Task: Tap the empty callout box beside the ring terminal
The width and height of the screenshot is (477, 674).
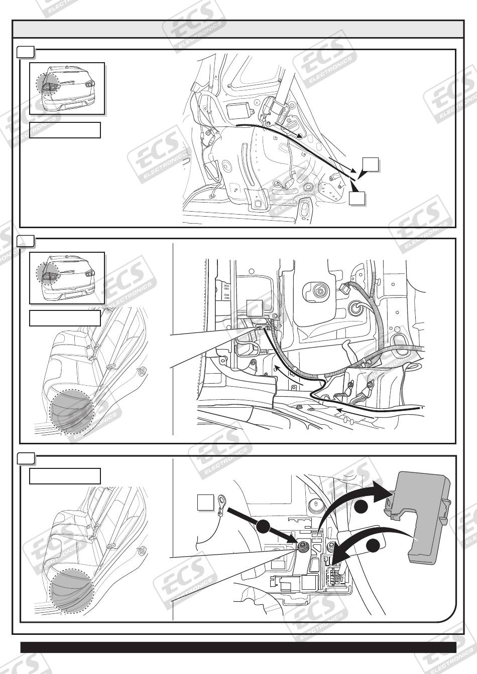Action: [205, 502]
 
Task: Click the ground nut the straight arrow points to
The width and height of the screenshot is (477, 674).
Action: [301, 546]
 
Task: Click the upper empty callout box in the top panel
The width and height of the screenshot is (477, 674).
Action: [371, 164]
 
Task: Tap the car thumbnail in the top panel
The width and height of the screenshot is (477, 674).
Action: [67, 88]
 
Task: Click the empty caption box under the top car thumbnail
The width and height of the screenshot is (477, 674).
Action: [65, 130]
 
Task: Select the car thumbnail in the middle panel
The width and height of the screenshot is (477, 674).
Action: [67, 278]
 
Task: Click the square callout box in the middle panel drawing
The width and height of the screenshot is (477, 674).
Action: [255, 307]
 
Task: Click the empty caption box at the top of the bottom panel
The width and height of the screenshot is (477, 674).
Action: [65, 476]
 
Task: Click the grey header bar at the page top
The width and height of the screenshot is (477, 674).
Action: [237, 29]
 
